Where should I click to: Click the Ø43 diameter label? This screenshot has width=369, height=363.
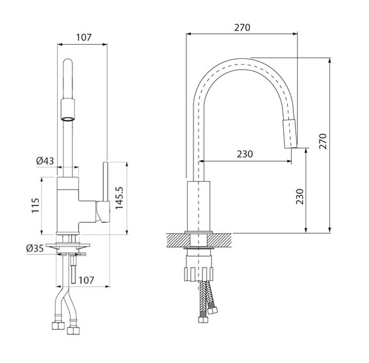tap(45, 161)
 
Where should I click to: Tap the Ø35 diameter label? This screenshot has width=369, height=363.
tap(35, 248)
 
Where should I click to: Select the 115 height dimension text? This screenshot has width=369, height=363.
tap(35, 206)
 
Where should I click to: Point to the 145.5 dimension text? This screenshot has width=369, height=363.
tap(119, 198)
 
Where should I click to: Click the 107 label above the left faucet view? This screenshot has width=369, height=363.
tap(83, 37)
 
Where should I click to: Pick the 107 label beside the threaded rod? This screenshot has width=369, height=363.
tap(86, 280)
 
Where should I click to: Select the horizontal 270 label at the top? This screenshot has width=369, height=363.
tap(242, 28)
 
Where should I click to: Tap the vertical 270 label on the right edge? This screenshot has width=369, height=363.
tap(323, 141)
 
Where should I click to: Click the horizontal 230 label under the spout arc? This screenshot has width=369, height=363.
tap(245, 154)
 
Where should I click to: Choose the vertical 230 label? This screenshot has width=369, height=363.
tap(300, 197)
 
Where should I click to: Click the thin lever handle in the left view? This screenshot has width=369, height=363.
tap(106, 181)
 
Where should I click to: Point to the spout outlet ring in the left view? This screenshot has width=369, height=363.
tap(68, 118)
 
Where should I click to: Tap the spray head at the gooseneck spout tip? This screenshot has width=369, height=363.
tap(290, 134)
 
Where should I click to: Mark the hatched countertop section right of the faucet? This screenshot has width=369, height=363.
tap(219, 240)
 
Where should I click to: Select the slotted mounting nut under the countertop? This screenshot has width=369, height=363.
tap(199, 274)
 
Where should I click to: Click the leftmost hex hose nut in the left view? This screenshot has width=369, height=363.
tap(58, 325)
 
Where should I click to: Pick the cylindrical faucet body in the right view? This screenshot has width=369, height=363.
tap(199, 206)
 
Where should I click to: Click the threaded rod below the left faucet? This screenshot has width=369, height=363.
tap(73, 270)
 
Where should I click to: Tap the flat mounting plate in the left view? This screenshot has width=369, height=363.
tap(68, 245)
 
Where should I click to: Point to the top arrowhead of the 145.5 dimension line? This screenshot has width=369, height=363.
tap(127, 164)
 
